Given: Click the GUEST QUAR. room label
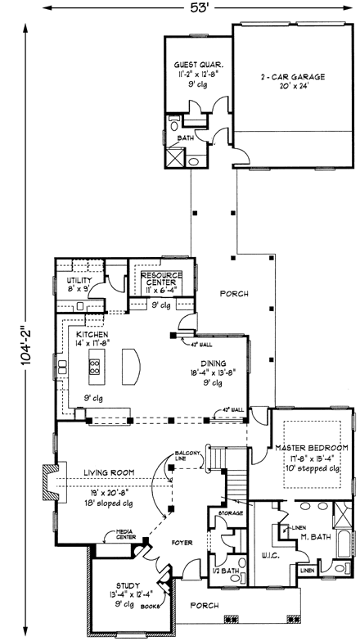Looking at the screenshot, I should tap(199, 64).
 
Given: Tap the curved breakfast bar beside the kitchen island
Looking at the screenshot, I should tap(129, 365).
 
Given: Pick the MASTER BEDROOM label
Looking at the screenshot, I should tap(312, 448).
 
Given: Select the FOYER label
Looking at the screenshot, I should tap(181, 540).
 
